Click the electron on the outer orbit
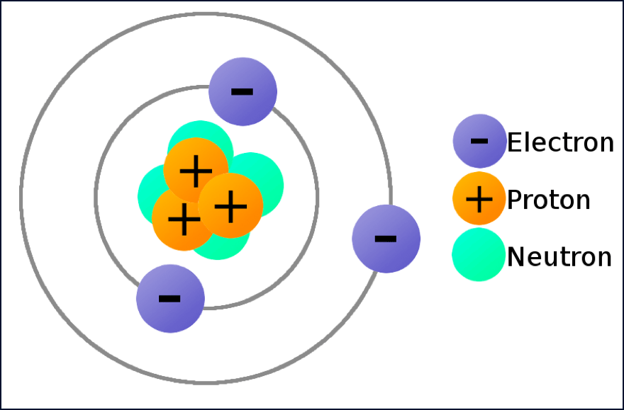(386, 239)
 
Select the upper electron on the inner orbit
(243, 92)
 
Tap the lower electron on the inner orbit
(170, 298)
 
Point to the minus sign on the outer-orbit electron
(386, 238)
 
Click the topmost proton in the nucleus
(196, 170)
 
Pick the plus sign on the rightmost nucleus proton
(230, 205)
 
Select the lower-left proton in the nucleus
(183, 220)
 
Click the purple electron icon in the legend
(479, 141)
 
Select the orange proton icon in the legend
(479, 198)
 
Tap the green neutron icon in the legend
(479, 255)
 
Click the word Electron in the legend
(560, 142)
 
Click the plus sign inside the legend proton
(479, 199)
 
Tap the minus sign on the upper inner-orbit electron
(242, 91)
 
